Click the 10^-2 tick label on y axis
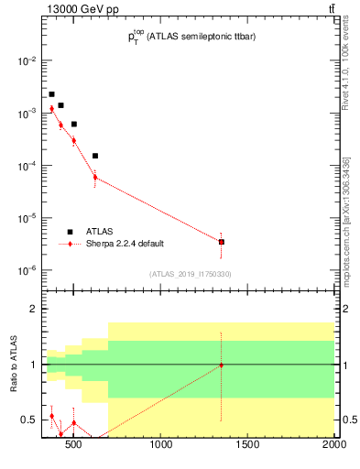(x=27, y=60)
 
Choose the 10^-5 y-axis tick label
(x=27, y=219)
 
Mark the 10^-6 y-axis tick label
(x=27, y=271)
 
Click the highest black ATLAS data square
(x=51, y=94)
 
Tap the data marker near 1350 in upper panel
(x=222, y=242)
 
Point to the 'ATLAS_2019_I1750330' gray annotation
(x=191, y=274)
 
